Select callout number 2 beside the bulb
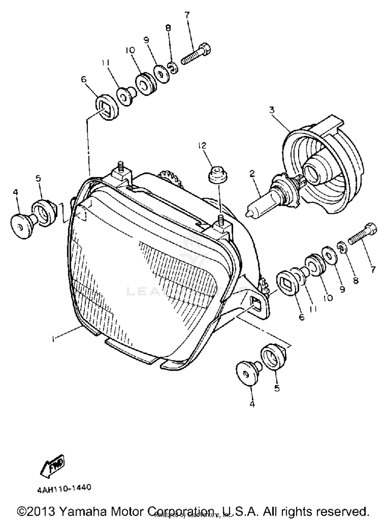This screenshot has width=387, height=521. coord(252,174)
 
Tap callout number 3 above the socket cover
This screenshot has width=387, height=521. coord(272,110)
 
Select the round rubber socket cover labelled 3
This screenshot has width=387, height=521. coord(325,165)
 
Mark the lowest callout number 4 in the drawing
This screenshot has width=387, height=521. coord(252,404)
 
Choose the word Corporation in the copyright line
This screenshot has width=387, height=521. coord(181,511)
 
